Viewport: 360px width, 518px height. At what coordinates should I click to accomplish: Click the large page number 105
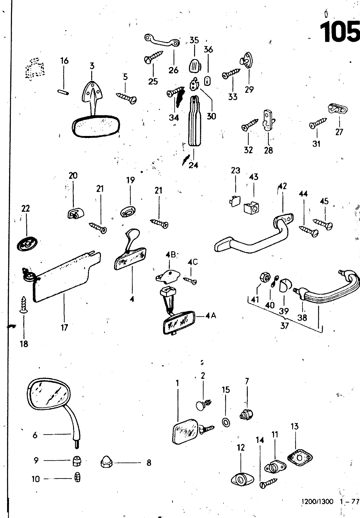click(x=340, y=32)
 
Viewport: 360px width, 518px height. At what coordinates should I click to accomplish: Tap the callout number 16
click(x=64, y=61)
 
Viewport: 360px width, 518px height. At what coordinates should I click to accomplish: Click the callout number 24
click(x=193, y=165)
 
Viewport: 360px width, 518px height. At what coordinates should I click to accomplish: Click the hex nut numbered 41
click(x=263, y=278)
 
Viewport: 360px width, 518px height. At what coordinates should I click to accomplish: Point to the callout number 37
click(x=284, y=326)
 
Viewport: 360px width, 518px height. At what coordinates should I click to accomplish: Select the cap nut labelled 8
click(x=107, y=463)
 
